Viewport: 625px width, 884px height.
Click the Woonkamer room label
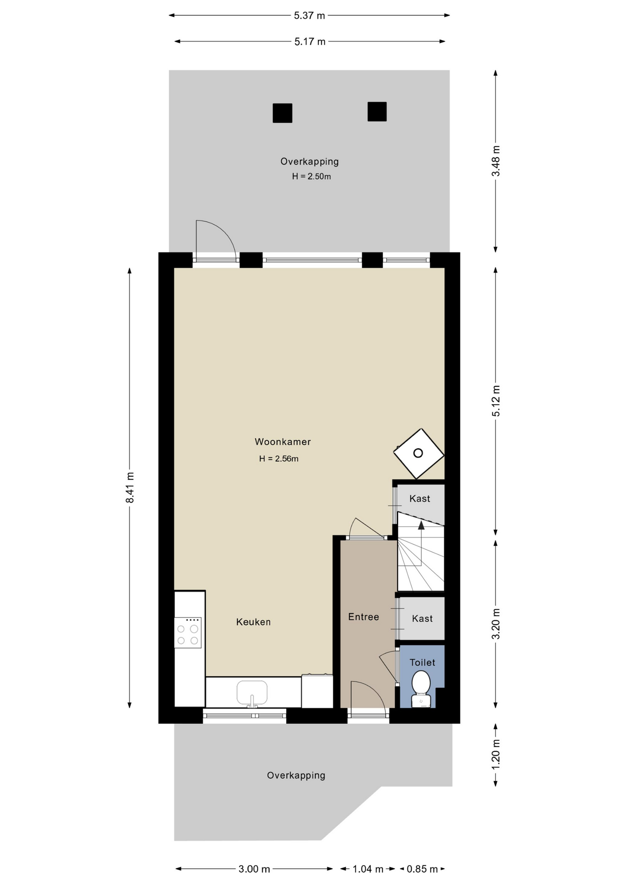coord(283,442)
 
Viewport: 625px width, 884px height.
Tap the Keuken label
coord(253,622)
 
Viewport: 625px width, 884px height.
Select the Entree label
coord(364,617)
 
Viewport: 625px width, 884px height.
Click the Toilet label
coord(422,663)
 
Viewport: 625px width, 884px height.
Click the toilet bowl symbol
coord(421,688)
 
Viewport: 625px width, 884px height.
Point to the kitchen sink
coord(252,692)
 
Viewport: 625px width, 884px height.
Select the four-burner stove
coord(188,633)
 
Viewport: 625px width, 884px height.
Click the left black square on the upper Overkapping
coord(283,113)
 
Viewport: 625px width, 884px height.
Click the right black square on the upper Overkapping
coord(377,111)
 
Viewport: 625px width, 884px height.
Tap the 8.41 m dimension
coord(130,488)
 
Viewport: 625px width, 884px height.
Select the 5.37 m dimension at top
coord(309,16)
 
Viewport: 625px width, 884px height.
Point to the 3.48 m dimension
coord(496,161)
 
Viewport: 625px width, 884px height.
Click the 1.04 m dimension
coord(368,869)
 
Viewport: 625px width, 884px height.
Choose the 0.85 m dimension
coord(422,869)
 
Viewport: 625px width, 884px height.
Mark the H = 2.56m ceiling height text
coord(278,459)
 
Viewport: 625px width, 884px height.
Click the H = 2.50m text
coord(311,176)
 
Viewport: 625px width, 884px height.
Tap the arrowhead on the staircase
coord(421,525)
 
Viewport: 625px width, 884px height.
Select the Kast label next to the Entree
coord(422,619)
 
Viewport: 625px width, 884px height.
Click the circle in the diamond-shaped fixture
coord(418,454)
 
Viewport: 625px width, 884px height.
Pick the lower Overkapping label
coord(296,775)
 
